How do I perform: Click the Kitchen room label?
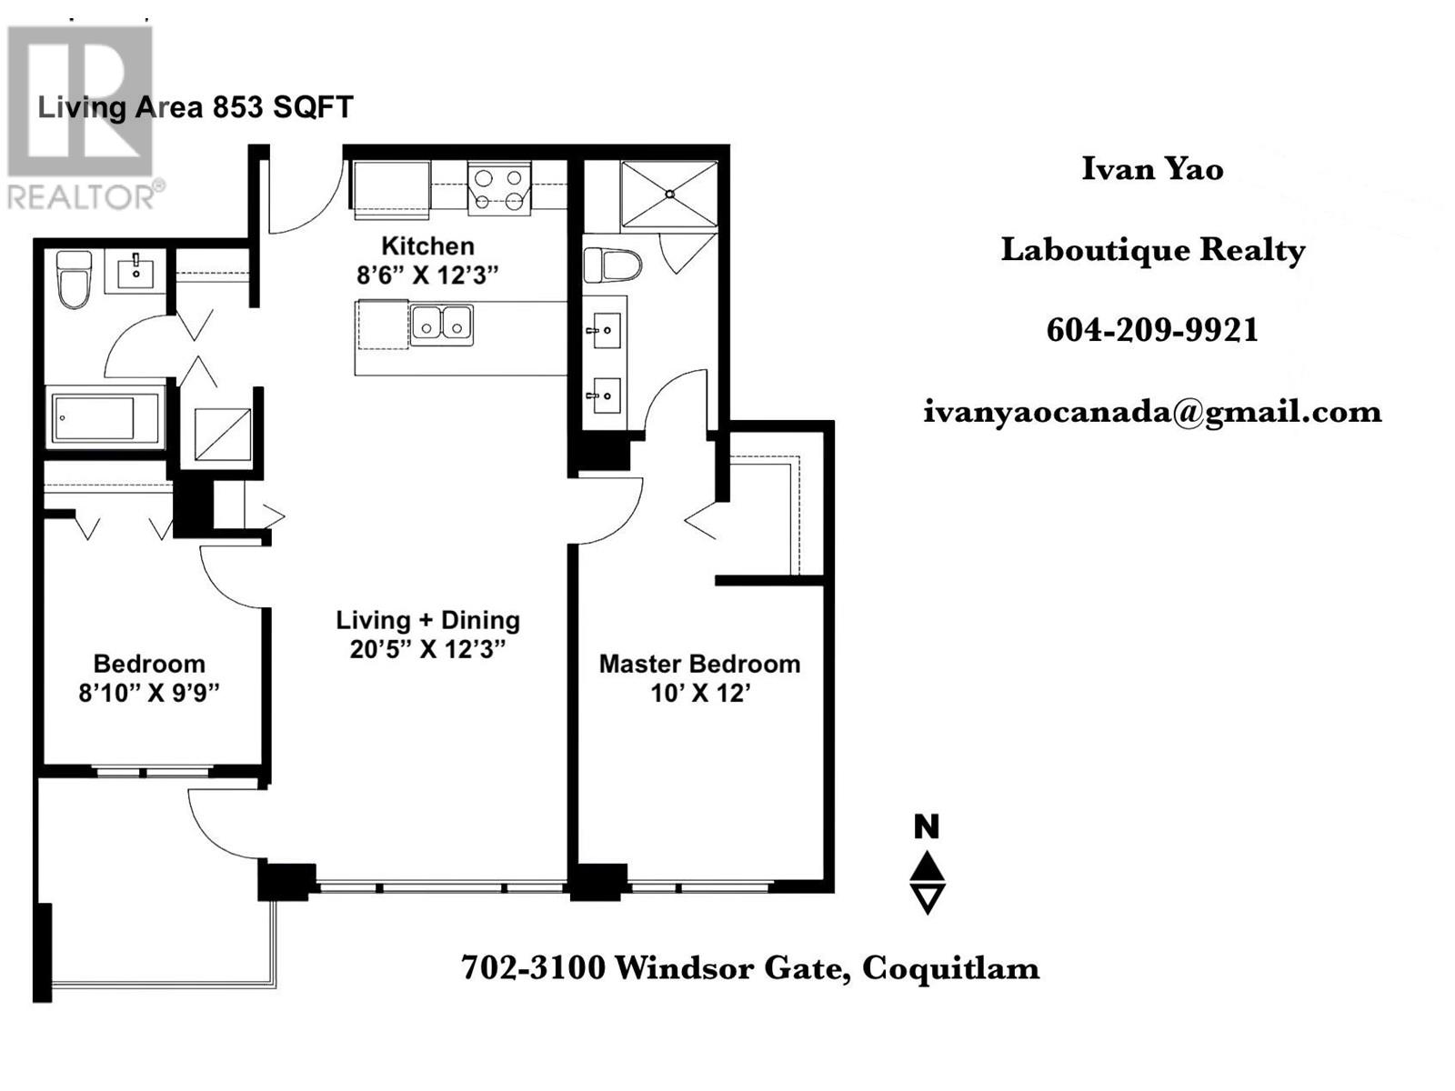coord(427,246)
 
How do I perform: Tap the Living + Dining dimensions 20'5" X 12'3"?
coord(427,649)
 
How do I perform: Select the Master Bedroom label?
coord(699,664)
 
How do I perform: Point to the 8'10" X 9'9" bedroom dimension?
coord(149,693)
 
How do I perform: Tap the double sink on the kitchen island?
coord(441,325)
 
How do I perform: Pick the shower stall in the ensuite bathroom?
coord(669,194)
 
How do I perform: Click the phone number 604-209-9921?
coord(1152,329)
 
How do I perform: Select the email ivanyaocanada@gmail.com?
coord(1152,412)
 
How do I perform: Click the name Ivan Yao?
coord(1152,169)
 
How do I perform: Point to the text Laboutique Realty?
coord(1152,249)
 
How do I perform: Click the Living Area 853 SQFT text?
coord(195,107)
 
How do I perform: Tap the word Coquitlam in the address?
coord(950,967)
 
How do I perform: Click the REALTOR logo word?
coord(82,196)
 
